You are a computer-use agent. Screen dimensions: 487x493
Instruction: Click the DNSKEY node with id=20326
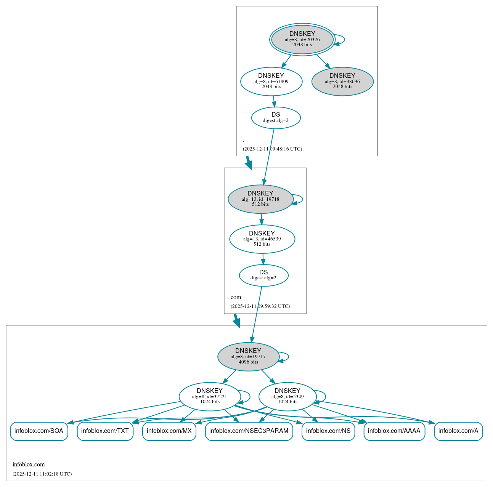coord(302,39)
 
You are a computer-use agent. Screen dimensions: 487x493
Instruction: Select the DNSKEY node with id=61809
coord(271,81)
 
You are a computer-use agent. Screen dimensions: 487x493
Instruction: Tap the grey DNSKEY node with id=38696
coord(342,81)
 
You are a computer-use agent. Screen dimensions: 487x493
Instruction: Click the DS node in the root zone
coord(276,118)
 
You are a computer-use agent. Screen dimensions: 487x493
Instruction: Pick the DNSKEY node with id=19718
coord(260,199)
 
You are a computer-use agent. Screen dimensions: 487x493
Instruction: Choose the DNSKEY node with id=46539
coord(262,239)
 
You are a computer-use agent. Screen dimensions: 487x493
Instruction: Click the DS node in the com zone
coord(263,275)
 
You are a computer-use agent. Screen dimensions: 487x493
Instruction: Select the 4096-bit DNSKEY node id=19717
coord(248,356)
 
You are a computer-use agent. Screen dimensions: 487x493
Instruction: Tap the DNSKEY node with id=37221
coord(209,396)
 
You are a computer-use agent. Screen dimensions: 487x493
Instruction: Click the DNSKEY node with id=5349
coord(287,396)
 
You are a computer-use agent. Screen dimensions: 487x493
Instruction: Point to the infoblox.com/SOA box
coord(39,431)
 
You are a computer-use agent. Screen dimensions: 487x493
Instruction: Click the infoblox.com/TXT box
coord(105,431)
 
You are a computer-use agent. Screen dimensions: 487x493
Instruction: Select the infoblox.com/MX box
coord(169,431)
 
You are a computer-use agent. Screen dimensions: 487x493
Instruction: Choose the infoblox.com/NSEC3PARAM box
coord(249,431)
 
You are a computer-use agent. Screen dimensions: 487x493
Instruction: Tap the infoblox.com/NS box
coord(328,431)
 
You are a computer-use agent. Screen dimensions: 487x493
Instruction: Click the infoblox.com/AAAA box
coord(394,431)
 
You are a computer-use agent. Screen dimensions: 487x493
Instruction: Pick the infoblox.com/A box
coord(458,431)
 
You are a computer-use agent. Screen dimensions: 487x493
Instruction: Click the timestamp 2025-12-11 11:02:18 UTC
coord(42,474)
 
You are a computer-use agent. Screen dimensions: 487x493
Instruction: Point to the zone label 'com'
coord(236,297)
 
